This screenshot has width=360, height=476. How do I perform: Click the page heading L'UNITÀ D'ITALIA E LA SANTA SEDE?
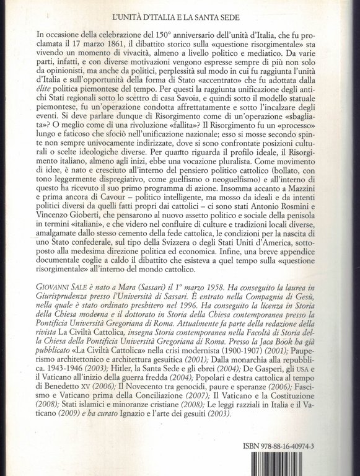[x=180, y=11]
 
